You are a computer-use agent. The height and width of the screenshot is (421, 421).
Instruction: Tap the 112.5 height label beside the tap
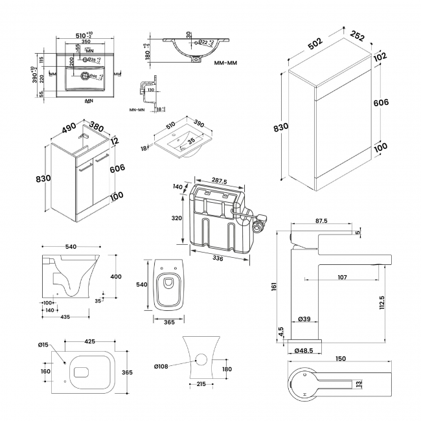point(383,302)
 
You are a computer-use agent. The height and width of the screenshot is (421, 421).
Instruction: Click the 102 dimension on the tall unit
point(380,56)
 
